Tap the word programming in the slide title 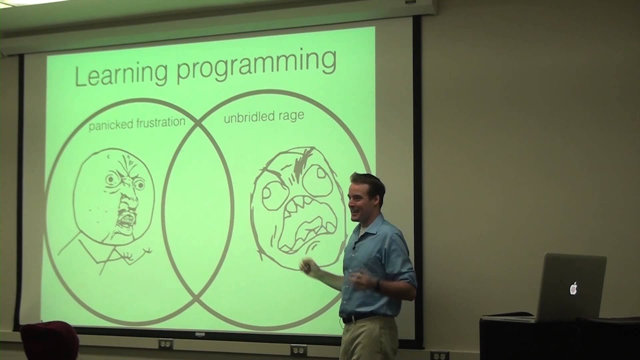256,66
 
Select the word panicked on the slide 110,125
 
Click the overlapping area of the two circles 198,210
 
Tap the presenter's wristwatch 378,285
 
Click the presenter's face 362,197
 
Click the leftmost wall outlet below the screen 165,344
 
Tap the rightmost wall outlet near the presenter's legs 439,355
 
